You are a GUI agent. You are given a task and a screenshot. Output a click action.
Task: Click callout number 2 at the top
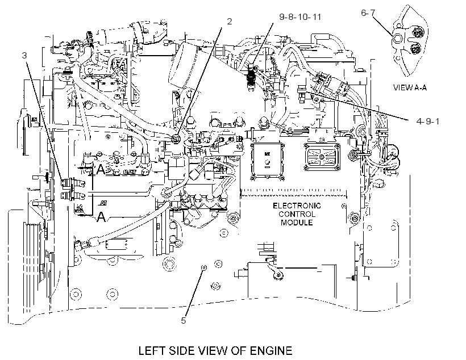click(229, 22)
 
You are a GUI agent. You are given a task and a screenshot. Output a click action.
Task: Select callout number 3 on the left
click(24, 55)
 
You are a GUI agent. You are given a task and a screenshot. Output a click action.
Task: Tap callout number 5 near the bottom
click(184, 320)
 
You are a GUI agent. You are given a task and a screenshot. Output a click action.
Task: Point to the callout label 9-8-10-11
click(300, 16)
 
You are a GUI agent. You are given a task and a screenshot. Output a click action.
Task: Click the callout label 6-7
click(368, 12)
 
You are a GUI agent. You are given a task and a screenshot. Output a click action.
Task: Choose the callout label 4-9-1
click(428, 121)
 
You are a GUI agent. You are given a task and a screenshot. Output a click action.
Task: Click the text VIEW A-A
click(410, 87)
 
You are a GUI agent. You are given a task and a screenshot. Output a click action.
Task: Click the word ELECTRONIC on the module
click(297, 206)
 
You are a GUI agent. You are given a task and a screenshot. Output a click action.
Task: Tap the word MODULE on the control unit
click(297, 223)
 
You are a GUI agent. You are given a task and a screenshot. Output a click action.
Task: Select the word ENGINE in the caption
click(271, 350)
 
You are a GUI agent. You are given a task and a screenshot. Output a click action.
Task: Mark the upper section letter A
click(101, 170)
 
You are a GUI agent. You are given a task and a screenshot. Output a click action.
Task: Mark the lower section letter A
click(101, 216)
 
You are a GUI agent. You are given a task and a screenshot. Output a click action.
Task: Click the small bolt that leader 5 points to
click(203, 267)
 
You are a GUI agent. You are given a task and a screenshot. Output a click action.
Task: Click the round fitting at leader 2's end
click(176, 137)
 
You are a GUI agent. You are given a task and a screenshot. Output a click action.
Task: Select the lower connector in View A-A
click(415, 48)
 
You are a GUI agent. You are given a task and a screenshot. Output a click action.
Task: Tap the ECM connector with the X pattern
click(322, 157)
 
